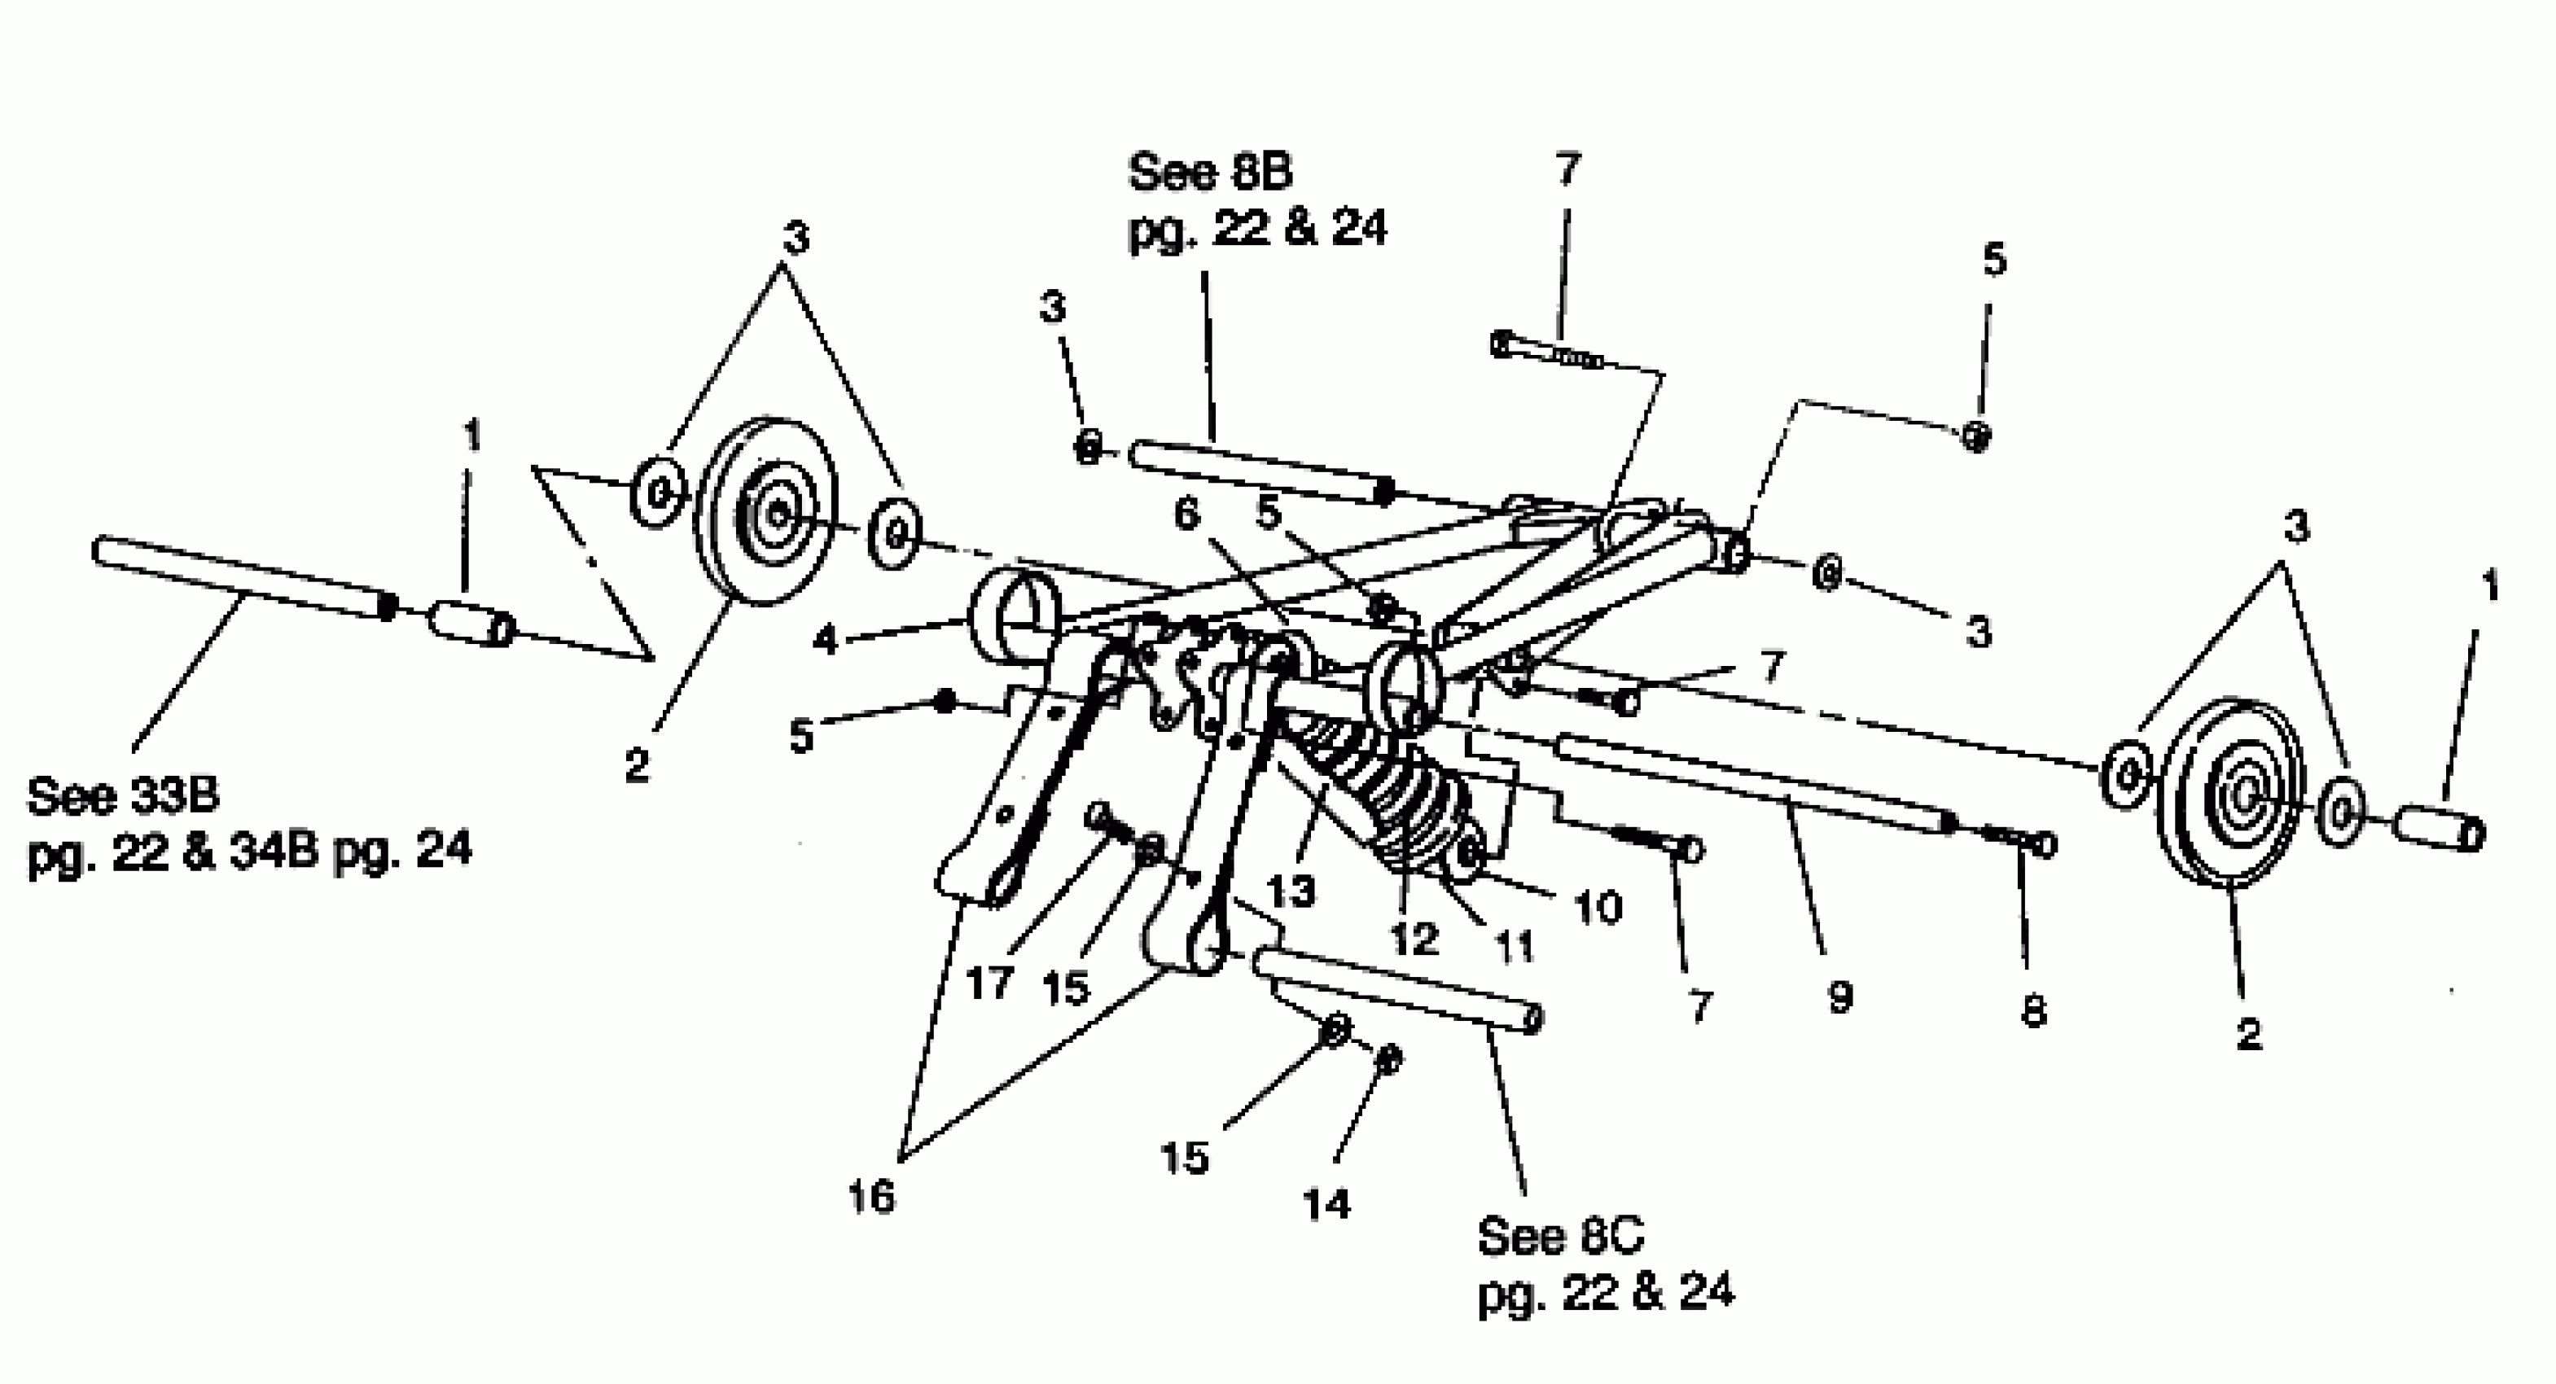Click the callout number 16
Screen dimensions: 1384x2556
870,1198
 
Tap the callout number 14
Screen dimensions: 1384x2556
1327,1204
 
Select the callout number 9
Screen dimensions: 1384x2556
1839,997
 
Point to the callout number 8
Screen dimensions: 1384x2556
2033,1011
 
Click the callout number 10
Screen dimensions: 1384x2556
1598,907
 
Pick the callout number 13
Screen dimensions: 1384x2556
1291,891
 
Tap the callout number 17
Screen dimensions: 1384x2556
989,983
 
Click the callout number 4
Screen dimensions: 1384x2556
825,639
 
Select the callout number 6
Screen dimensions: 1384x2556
1186,514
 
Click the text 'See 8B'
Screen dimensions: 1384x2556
1211,173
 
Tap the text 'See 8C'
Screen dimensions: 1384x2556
1560,1236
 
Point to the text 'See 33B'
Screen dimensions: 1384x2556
123,795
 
